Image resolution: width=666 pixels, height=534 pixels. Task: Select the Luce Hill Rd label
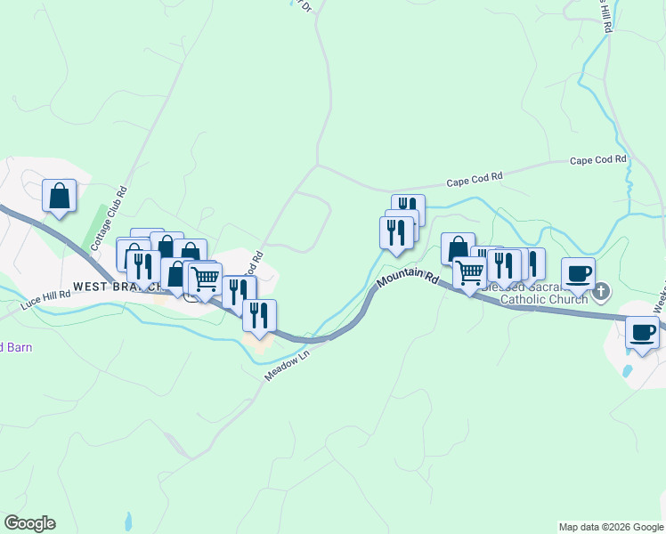tap(47, 299)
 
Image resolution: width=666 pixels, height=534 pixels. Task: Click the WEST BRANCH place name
tap(116, 287)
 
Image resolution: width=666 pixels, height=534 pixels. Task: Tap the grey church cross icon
tap(603, 291)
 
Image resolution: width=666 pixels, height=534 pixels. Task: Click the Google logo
tap(29, 522)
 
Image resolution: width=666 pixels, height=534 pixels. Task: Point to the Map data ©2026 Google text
tap(610, 527)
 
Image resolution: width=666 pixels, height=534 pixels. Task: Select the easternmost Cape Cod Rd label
tap(598, 160)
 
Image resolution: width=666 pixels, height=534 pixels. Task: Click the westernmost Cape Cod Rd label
tap(475, 178)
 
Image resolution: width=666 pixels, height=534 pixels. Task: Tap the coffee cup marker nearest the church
tap(578, 272)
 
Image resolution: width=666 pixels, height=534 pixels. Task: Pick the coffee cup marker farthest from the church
tap(642, 333)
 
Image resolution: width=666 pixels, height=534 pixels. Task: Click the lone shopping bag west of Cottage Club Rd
tap(59, 196)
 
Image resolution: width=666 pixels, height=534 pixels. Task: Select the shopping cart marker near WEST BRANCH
tap(206, 279)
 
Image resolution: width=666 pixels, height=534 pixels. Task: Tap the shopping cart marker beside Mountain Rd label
tap(469, 271)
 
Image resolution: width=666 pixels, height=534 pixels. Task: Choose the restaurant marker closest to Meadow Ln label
tap(259, 315)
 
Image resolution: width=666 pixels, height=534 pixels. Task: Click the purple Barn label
tap(15, 347)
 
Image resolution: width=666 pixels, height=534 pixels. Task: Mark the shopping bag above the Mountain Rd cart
tap(457, 248)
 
